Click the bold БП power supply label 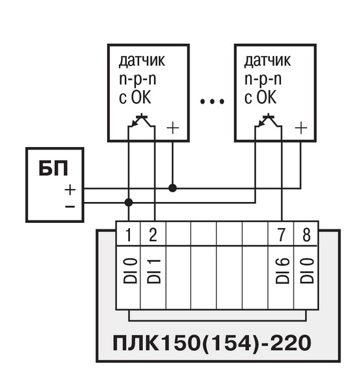point(53,168)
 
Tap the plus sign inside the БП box point(70,190)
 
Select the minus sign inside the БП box point(70,207)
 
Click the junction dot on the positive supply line point(172,188)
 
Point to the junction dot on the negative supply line point(129,203)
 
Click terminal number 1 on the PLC point(129,235)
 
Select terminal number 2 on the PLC point(153,235)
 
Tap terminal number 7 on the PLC point(282,235)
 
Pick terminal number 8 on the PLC point(306,235)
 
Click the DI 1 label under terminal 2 point(154,271)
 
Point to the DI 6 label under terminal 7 point(282,271)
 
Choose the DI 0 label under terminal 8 point(307,271)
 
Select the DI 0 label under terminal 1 point(130,271)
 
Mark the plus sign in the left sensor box point(172,127)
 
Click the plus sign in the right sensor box point(301,127)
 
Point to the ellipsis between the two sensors point(212,101)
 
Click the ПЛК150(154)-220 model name point(212,343)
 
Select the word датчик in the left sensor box point(142,60)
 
